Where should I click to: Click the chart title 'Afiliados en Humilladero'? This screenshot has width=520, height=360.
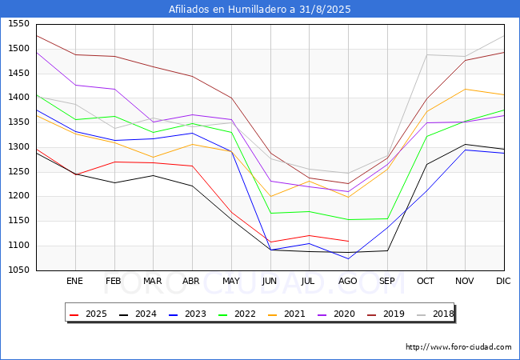[259, 10]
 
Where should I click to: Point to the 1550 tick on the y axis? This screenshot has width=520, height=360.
[18, 24]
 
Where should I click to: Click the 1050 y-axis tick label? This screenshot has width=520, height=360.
[18, 270]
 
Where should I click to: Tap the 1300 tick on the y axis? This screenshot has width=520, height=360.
[18, 147]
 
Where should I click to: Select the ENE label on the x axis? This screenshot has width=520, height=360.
[74, 282]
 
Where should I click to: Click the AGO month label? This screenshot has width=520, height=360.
[348, 282]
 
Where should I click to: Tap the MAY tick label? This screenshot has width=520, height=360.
[230, 282]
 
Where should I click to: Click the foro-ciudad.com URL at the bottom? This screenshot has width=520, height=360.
[458, 347]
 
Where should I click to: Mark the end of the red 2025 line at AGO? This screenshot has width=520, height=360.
[348, 241]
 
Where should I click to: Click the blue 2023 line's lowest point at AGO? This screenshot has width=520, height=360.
[348, 258]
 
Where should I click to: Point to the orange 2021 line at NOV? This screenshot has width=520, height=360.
[465, 89]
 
